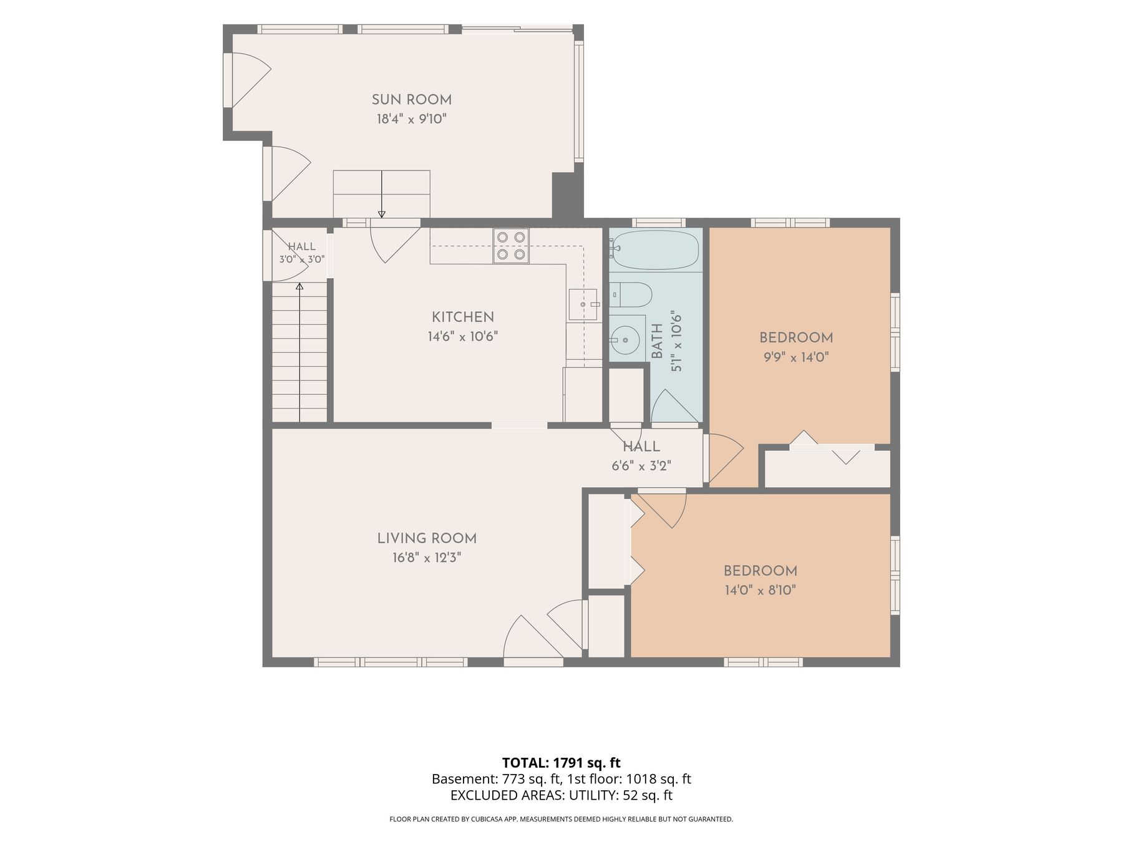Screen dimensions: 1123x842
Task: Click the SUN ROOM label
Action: (x=412, y=100)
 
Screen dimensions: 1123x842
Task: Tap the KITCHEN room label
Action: (x=463, y=317)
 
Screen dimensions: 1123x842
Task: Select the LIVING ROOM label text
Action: (x=427, y=538)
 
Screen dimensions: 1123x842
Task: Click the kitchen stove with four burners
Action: (x=511, y=246)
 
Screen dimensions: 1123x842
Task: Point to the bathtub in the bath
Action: (x=655, y=249)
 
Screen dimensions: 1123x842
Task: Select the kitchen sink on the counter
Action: (x=583, y=304)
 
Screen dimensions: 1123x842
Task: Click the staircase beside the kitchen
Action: (x=299, y=352)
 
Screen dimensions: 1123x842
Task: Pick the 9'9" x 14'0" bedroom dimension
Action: (x=796, y=357)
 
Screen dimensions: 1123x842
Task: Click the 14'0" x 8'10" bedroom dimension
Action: (x=760, y=590)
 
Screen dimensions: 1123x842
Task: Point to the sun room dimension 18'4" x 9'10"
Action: (x=412, y=119)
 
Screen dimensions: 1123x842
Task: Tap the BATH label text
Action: (x=657, y=341)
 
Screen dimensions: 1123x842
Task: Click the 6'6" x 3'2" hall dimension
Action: (x=641, y=466)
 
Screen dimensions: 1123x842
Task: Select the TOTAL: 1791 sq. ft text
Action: (x=561, y=763)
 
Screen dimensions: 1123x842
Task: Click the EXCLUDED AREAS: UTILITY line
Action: (x=561, y=795)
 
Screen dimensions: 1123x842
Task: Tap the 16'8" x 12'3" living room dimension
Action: (x=427, y=558)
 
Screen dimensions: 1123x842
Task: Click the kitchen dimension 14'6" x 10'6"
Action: (x=463, y=337)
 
